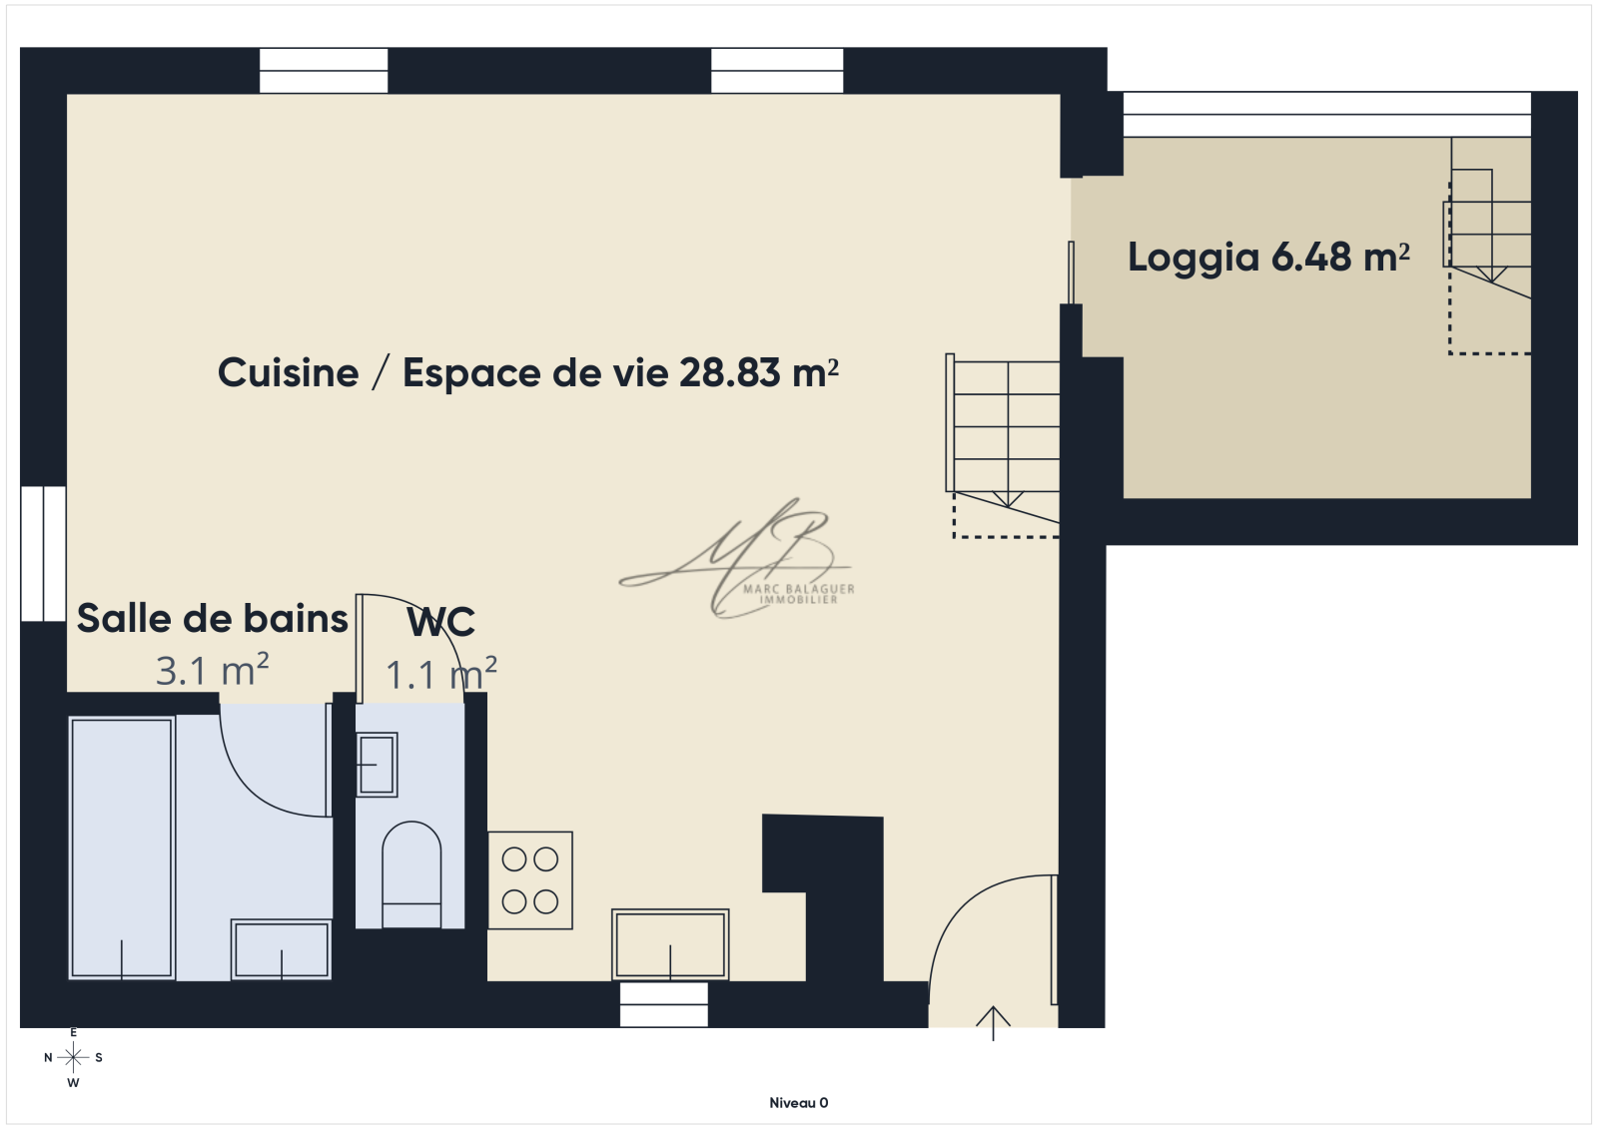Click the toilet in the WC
(x=411, y=874)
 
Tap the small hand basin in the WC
(x=377, y=765)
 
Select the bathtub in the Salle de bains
(x=122, y=848)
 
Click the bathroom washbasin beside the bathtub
(x=281, y=950)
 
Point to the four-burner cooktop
(x=530, y=880)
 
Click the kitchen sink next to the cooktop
(x=670, y=944)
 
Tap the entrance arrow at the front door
(x=993, y=1023)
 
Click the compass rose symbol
(x=73, y=1057)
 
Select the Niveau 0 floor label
(x=798, y=1103)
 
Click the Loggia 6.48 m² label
(x=1268, y=258)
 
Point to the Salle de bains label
(x=212, y=618)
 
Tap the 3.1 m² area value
(x=212, y=671)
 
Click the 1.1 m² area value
(x=440, y=674)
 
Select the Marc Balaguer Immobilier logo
(x=736, y=558)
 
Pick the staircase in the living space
(x=1003, y=445)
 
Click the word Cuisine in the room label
(x=288, y=373)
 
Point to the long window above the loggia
(x=1327, y=114)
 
